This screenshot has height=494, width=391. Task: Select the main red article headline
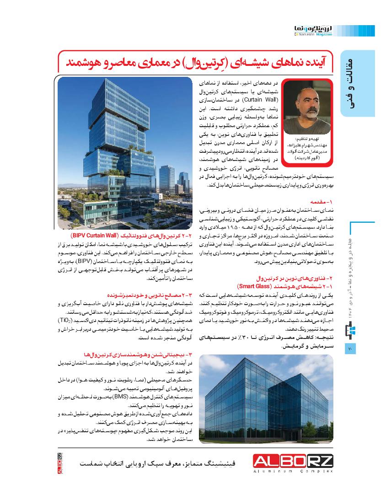tap(196, 63)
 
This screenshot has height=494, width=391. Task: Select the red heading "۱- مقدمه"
tap(323, 201)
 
